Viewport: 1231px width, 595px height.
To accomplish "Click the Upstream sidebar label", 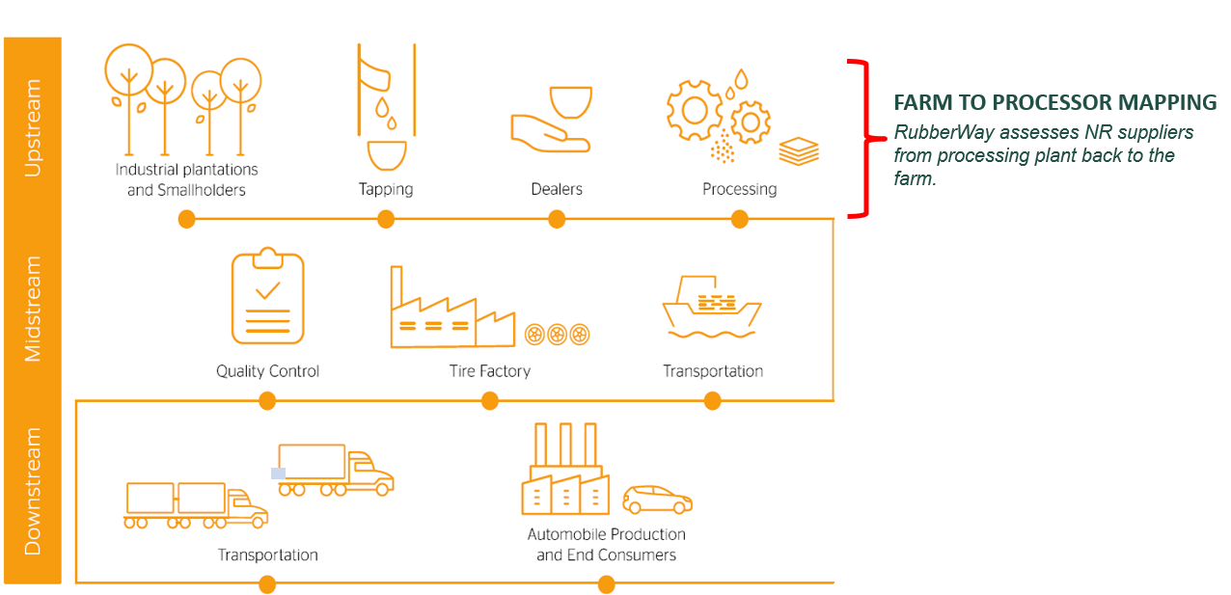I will pos(33,127).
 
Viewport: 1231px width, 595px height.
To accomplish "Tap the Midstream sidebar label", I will pos(33,309).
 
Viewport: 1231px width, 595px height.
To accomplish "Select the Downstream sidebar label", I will pos(33,491).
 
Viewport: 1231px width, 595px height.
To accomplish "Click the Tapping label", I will pos(385,189).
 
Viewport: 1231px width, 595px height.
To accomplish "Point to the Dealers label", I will pos(557,189).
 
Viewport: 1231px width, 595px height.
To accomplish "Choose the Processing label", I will pos(739,189).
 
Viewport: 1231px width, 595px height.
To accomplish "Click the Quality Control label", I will pos(267,371).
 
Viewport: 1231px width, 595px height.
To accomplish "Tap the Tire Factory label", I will pos(489,371).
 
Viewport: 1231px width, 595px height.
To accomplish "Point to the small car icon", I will pos(657,500).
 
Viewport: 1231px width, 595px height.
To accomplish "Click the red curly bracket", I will pos(861,138).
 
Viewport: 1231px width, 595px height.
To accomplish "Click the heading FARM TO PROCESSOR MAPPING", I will pos(1054,102).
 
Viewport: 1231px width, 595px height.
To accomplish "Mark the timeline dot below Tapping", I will pos(385,220).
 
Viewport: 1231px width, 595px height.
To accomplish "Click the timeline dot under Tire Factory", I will pos(489,401).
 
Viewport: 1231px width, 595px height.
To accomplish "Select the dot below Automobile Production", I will pos(606,583).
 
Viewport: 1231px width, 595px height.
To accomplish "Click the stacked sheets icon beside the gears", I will pos(799,151).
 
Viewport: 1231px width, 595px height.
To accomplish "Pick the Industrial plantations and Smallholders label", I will pos(186,179).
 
